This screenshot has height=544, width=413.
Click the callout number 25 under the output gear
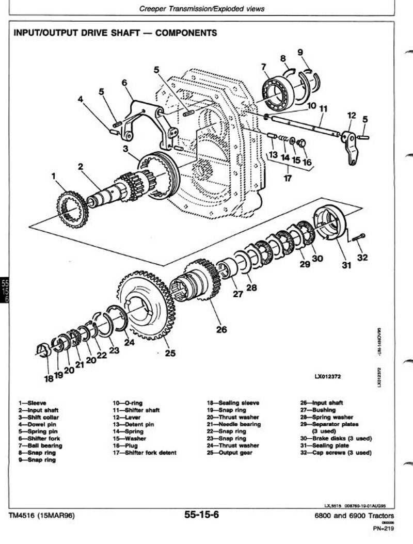[170, 354]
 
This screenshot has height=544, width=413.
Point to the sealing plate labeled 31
[330, 221]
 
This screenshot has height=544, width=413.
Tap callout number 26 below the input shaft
[221, 329]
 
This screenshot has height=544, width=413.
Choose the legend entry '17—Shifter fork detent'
[144, 453]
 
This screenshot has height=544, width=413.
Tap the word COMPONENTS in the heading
[186, 33]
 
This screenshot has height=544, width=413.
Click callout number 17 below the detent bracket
[288, 179]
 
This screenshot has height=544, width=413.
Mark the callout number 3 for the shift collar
[125, 149]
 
